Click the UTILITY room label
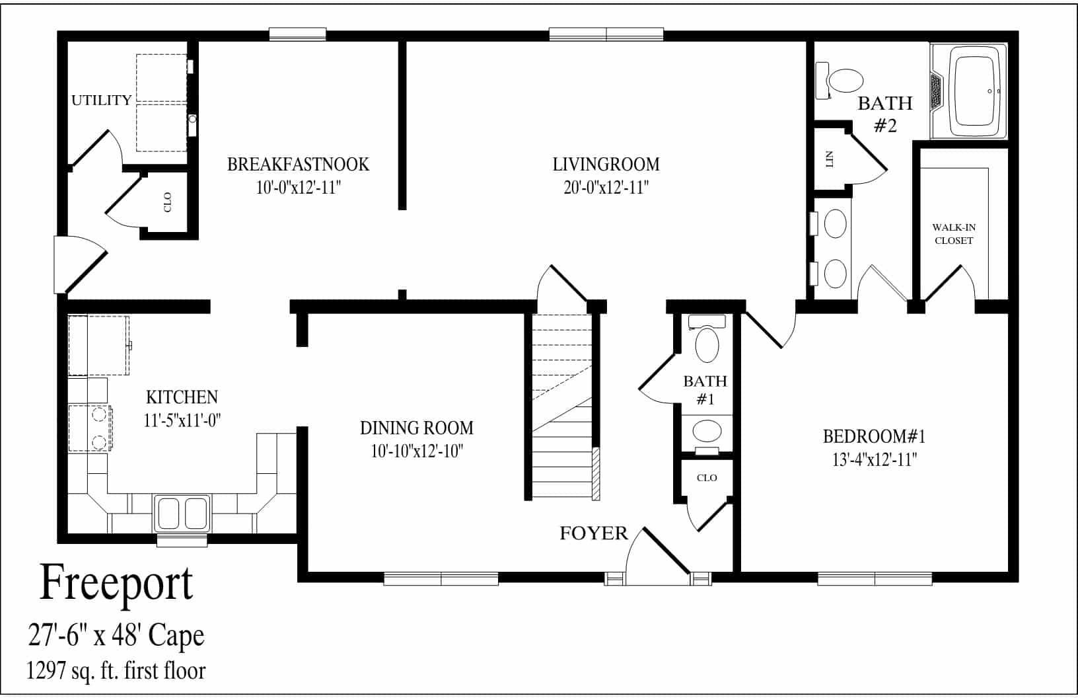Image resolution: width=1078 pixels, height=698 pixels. tap(101, 100)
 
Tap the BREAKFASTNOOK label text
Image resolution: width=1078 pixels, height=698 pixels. tap(298, 164)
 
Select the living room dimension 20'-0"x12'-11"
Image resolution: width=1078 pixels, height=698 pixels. tap(606, 188)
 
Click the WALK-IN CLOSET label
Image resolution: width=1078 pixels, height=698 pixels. tap(953, 234)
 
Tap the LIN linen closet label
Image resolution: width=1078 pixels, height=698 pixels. tap(830, 159)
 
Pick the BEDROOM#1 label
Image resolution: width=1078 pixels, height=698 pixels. tap(874, 436)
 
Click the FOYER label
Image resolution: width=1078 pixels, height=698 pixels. tap(593, 533)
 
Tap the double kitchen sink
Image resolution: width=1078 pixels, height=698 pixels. tap(182, 512)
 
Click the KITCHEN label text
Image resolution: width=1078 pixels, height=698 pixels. tap(182, 397)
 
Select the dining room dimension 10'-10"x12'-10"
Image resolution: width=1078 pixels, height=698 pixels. tap(416, 451)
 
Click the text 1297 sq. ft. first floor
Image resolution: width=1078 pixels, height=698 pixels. tap(116, 672)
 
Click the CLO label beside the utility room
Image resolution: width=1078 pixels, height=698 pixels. tap(167, 202)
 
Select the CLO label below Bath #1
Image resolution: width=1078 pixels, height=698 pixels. tap(706, 478)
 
